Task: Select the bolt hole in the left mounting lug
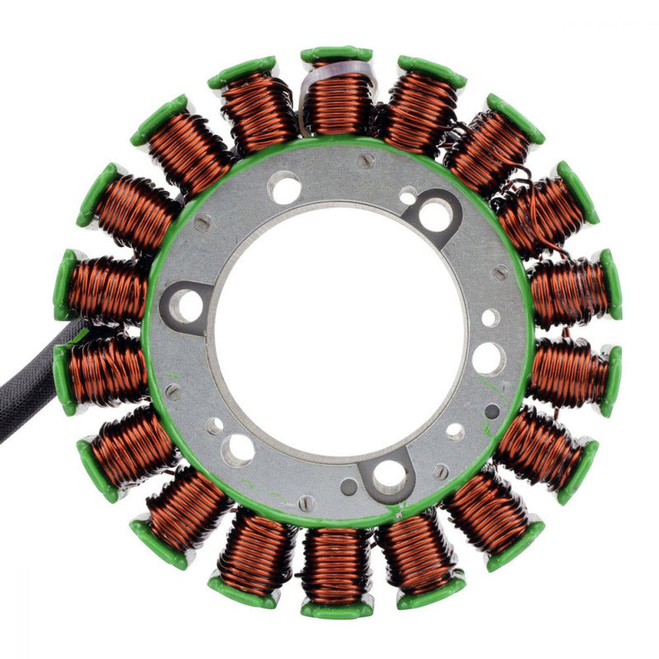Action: coord(188,306)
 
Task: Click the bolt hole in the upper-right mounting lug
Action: coord(435,216)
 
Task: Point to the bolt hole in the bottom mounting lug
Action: coord(388,476)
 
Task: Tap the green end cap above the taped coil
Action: coord(335,54)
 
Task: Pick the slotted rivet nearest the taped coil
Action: coord(366,161)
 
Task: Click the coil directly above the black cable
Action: coord(107,287)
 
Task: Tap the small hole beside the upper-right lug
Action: coord(408,195)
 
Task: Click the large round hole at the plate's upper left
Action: coord(285,189)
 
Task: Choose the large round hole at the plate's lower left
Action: coord(239,449)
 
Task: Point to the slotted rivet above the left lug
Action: coord(201,222)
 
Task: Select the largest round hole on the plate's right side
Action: coord(488,359)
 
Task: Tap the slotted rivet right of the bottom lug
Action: coord(441,471)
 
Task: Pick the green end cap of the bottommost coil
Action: coord(336,610)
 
